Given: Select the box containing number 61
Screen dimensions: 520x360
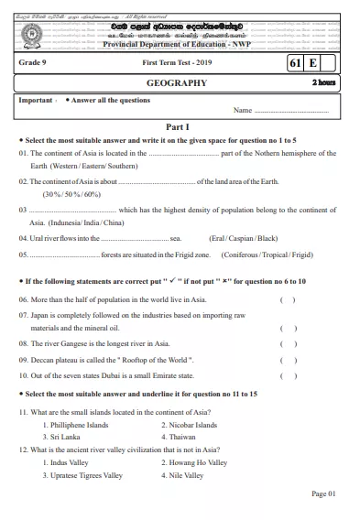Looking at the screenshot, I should [295, 62].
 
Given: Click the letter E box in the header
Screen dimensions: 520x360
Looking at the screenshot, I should [313, 62].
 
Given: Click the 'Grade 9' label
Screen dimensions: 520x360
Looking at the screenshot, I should [37, 62].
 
